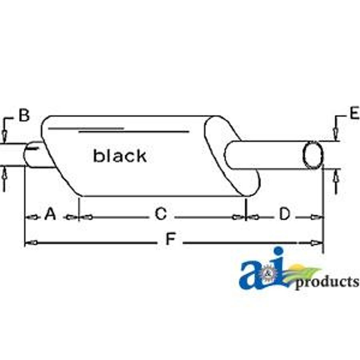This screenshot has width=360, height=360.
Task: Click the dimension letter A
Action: (x=50, y=214)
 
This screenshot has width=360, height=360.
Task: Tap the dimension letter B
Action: (x=24, y=116)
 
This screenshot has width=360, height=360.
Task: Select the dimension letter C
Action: (x=160, y=214)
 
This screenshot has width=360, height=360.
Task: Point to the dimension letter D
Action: (x=285, y=214)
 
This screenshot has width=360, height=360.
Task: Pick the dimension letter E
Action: (x=355, y=113)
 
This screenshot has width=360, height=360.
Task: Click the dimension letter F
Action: (x=170, y=239)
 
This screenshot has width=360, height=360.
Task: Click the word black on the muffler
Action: (x=120, y=156)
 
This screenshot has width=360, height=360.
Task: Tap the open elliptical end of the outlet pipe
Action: (x=313, y=155)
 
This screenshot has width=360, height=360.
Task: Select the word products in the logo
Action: (x=327, y=282)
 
